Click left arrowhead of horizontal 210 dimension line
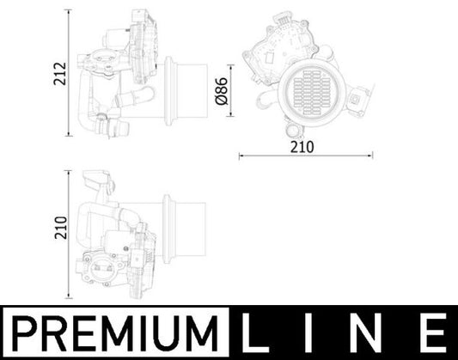(x=238, y=156)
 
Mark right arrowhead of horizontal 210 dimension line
(x=371, y=156)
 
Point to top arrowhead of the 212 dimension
(x=68, y=13)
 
